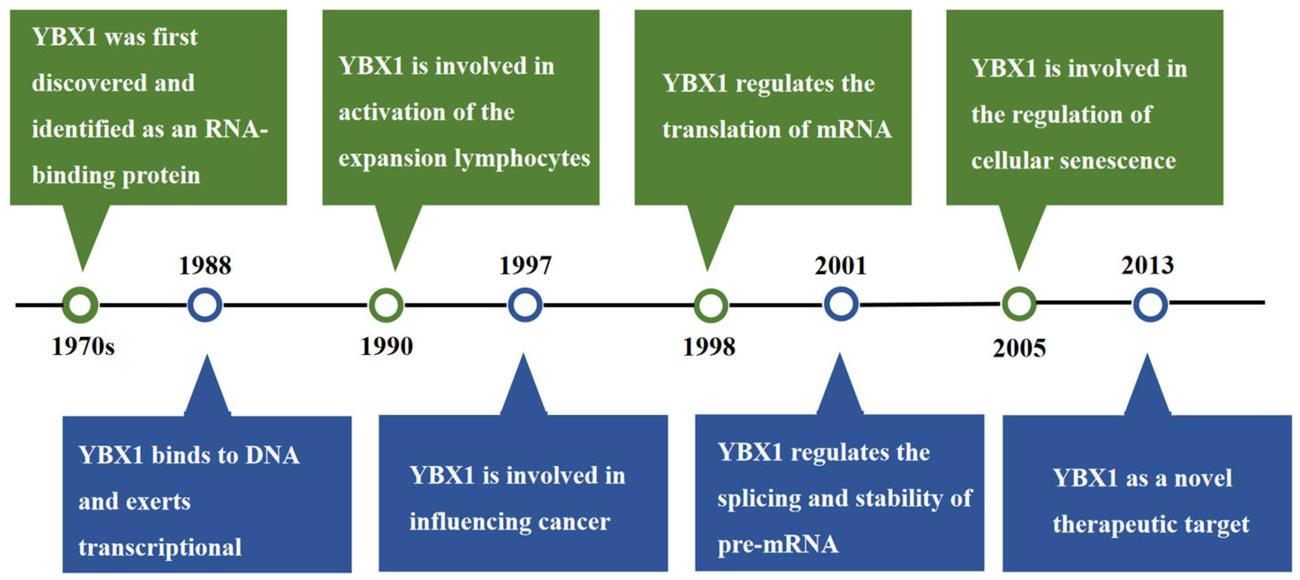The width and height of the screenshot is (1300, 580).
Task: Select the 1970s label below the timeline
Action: [83, 346]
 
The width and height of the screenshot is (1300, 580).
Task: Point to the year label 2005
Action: [1019, 348]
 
